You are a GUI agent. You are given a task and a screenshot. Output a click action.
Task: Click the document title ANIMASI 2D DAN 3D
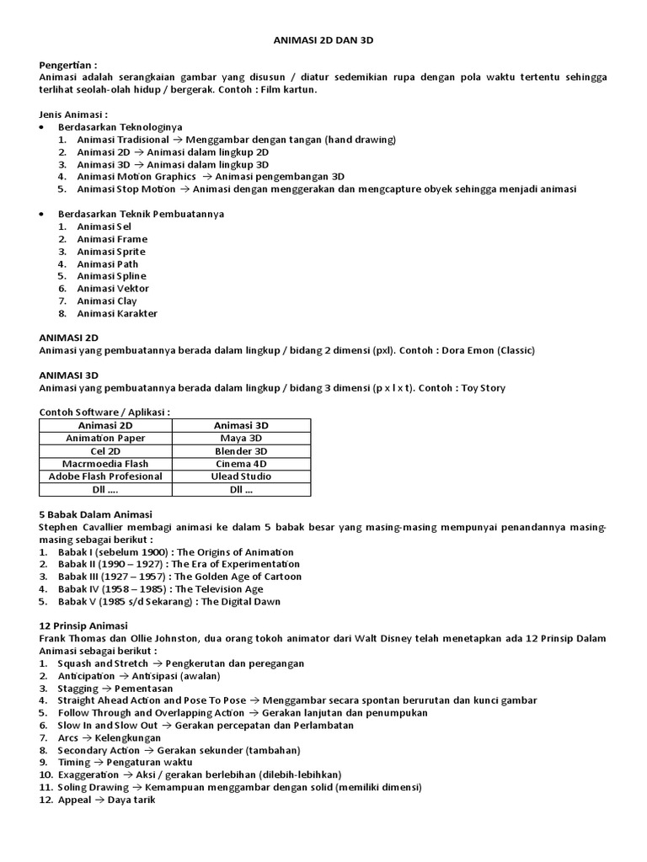click(323, 40)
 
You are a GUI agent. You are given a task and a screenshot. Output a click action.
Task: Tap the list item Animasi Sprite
click(110, 252)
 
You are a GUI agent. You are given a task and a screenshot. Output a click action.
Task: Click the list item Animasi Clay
click(106, 301)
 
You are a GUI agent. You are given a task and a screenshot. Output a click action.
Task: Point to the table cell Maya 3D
click(241, 439)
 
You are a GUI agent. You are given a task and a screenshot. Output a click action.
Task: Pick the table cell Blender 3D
click(241, 451)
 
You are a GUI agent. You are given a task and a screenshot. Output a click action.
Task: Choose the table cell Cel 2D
click(105, 451)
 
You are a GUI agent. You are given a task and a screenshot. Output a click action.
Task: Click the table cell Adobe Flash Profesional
click(105, 476)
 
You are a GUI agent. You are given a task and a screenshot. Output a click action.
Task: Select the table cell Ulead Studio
click(241, 476)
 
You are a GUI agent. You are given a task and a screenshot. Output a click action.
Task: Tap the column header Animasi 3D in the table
click(241, 426)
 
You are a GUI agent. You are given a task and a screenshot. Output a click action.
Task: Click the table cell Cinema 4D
click(241, 464)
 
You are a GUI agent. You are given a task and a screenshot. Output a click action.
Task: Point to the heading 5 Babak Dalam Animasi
click(95, 514)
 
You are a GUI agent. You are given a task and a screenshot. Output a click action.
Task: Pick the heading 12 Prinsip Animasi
click(83, 625)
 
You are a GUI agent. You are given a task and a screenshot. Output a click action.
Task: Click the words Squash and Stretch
click(96, 663)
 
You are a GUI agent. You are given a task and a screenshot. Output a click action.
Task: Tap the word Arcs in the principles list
click(69, 738)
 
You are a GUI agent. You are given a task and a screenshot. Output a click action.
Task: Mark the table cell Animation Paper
click(105, 439)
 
